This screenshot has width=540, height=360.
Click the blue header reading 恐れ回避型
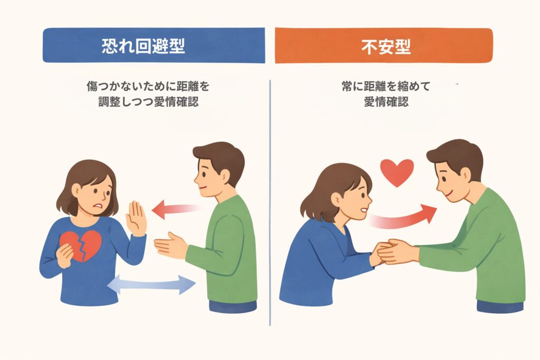coord(153,45)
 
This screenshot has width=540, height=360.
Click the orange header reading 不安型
coord(384,46)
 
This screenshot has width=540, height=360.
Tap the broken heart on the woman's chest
coord(81,246)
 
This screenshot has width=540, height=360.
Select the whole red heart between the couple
coord(397,172)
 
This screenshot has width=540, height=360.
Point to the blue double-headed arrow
coord(151,284)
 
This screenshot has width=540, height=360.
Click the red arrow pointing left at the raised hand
coord(176,209)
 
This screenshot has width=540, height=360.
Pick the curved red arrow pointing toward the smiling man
coord(403,217)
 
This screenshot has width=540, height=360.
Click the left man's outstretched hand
coord(170,245)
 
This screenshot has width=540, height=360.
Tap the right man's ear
coord(465,175)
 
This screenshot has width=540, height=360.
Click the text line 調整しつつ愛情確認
coord(148,102)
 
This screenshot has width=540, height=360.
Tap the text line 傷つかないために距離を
coord(148,86)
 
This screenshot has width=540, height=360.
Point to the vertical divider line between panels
coord(270,203)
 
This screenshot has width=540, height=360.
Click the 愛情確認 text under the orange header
coord(386,102)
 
